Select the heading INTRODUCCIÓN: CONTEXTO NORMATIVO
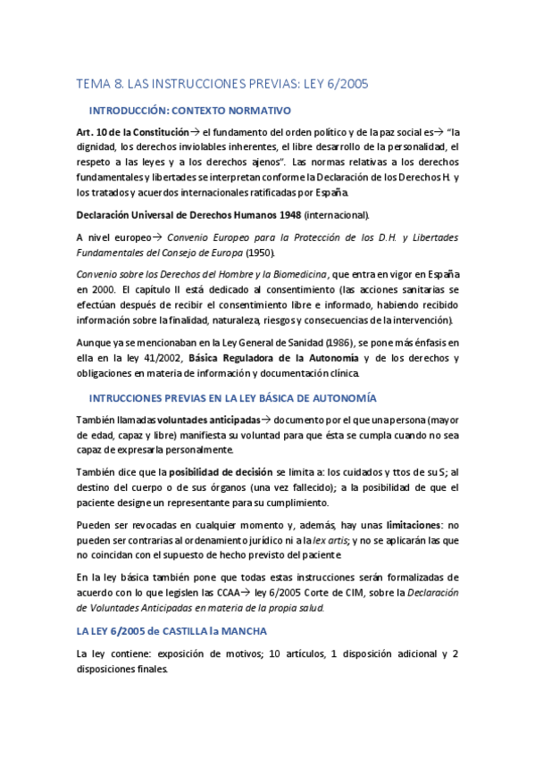[x=190, y=111]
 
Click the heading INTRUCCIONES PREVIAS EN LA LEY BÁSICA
[x=232, y=396]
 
